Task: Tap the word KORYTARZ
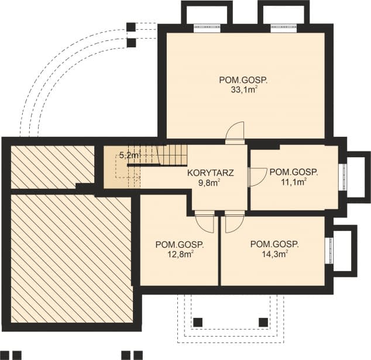pos(211,173)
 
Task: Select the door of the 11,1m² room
pos(256,176)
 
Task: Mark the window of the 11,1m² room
pos(343,177)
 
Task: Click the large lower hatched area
pos(70,257)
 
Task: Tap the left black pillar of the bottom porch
pos(198,322)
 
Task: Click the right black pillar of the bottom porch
pos(263,322)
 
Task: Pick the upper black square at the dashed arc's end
pos(131,27)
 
